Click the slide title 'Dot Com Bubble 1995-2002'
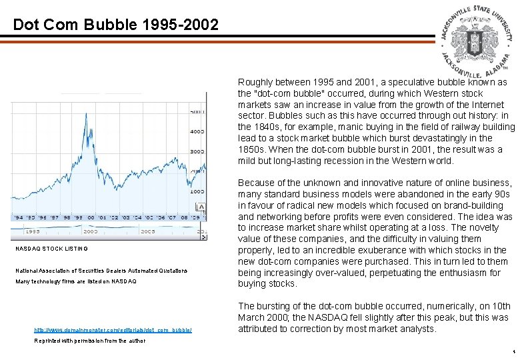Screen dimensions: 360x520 click(115, 25)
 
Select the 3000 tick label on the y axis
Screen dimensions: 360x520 click(197, 152)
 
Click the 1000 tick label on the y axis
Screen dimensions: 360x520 click(197, 191)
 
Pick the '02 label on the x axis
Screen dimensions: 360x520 click(115, 217)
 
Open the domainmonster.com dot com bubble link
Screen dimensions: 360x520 click(113, 329)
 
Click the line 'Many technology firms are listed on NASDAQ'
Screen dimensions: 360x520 click(75, 281)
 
